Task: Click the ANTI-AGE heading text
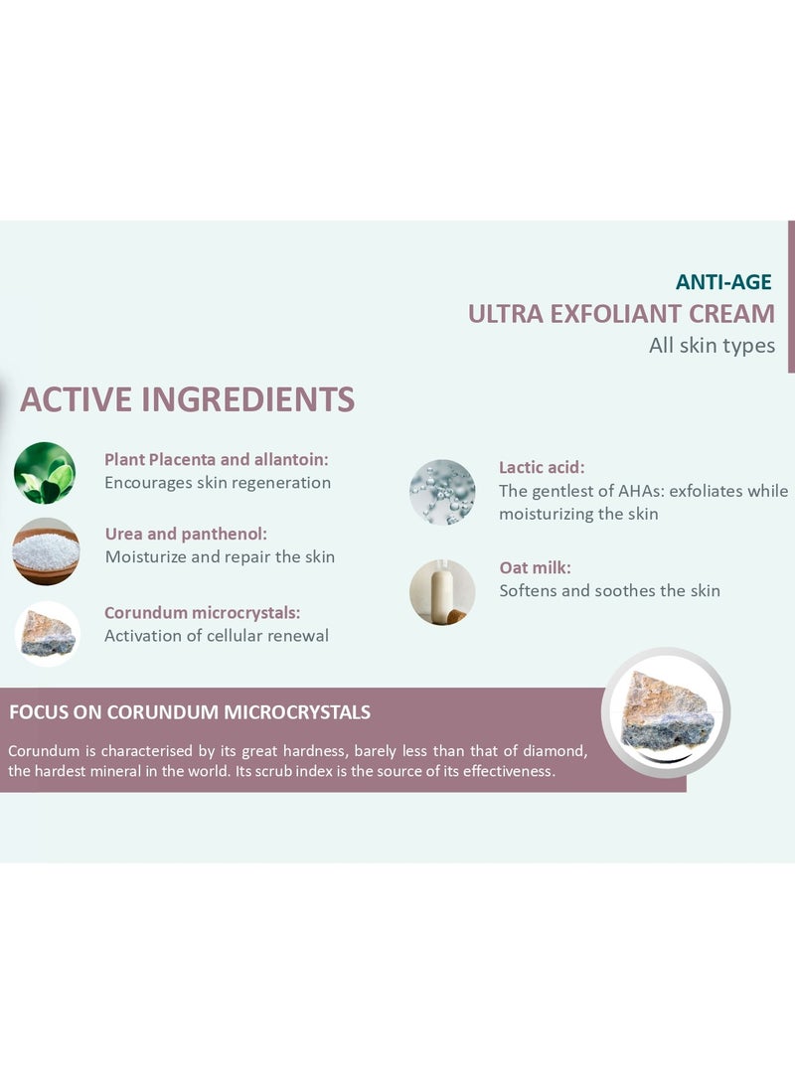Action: pos(723,282)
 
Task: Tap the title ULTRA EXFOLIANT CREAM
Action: pos(621,314)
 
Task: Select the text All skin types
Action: pos(713,346)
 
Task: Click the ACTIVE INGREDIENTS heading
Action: pos(188,399)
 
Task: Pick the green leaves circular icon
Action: pos(45,473)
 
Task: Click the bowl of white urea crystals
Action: pos(46,551)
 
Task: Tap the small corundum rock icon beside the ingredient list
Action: pos(48,634)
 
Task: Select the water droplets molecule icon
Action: pos(442,492)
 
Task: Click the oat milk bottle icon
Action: pos(442,592)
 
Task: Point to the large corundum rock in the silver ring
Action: pos(666,712)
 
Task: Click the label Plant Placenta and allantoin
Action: pos(217,460)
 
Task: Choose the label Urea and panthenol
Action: pos(186,534)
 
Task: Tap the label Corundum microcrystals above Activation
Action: pos(203,612)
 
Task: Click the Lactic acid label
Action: pos(542,467)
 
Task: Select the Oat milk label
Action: pos(535,567)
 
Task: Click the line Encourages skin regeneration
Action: pos(218,483)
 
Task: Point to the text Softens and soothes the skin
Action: pos(610,590)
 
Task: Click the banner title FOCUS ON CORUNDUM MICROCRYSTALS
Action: pos(190,712)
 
